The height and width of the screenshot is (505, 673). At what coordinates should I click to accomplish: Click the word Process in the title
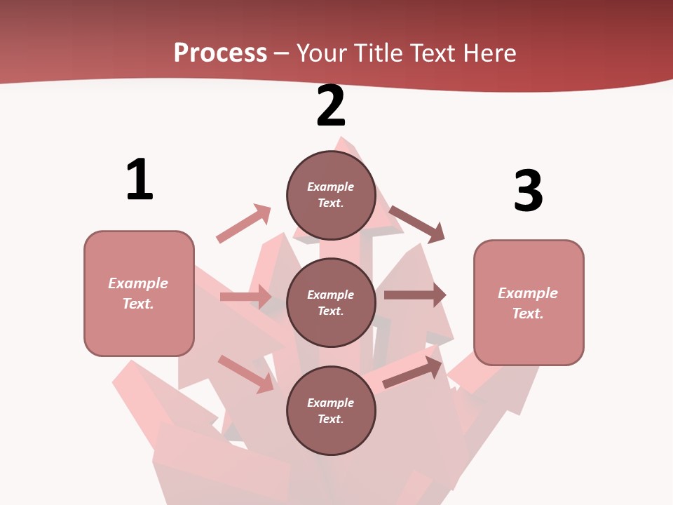click(220, 53)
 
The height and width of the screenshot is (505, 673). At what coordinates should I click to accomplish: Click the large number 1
click(140, 180)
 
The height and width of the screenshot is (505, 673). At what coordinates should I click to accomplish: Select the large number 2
click(331, 106)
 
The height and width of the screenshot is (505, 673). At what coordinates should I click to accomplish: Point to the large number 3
click(528, 191)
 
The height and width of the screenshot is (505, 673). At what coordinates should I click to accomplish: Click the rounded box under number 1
click(139, 293)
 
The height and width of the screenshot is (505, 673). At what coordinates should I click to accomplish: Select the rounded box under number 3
click(529, 302)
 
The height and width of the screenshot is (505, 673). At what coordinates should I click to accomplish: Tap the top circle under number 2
click(331, 195)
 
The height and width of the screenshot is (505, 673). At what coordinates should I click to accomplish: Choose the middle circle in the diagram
click(331, 302)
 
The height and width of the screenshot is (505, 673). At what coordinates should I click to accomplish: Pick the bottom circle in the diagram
click(331, 410)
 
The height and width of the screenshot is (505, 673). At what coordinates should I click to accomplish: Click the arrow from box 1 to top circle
click(243, 224)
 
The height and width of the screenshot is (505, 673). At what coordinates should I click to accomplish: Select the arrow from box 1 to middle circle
click(245, 297)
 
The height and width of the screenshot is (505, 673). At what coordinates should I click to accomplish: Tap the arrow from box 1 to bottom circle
click(246, 373)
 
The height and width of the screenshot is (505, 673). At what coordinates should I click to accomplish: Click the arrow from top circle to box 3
click(417, 224)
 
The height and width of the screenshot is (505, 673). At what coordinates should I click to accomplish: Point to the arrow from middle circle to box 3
click(414, 295)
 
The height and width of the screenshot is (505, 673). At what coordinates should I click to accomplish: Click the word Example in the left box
click(138, 283)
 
